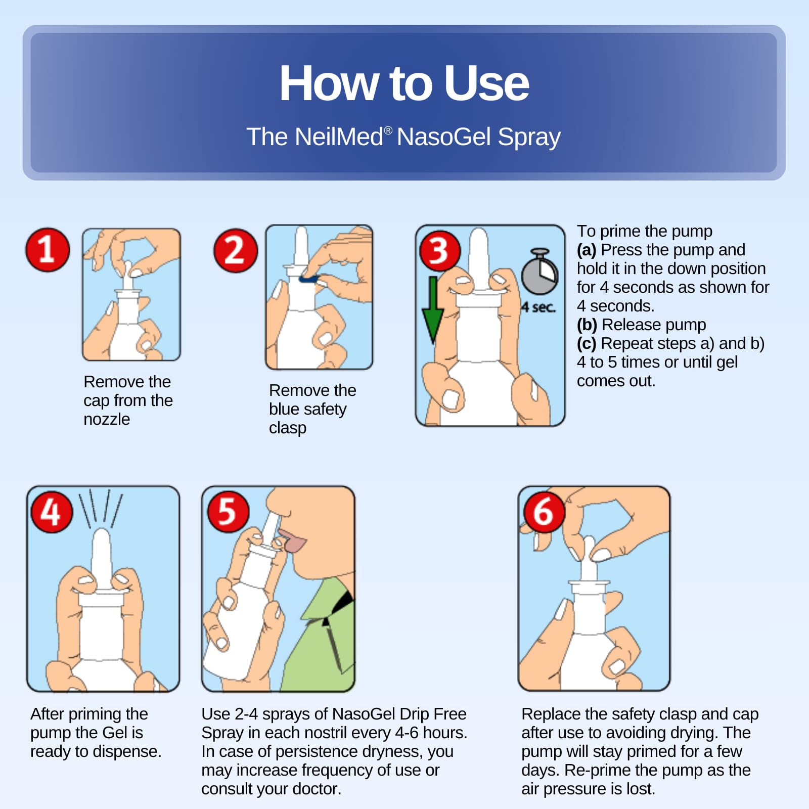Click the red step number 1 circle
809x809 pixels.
[48, 249]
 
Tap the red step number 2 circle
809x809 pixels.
[235, 250]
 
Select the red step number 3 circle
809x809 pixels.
[439, 250]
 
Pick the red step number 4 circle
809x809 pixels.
[52, 512]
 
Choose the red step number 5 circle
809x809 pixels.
[228, 512]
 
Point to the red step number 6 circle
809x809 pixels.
[544, 512]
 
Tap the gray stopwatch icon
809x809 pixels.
[540, 272]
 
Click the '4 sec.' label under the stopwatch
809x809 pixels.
[538, 307]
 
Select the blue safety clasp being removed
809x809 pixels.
[308, 279]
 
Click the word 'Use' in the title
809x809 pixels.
[487, 83]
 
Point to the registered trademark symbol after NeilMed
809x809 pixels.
[388, 130]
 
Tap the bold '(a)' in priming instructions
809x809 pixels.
[587, 250]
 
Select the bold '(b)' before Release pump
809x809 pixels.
[587, 325]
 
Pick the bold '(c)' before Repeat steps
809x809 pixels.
[587, 343]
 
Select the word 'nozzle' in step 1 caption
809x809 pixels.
[107, 419]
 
